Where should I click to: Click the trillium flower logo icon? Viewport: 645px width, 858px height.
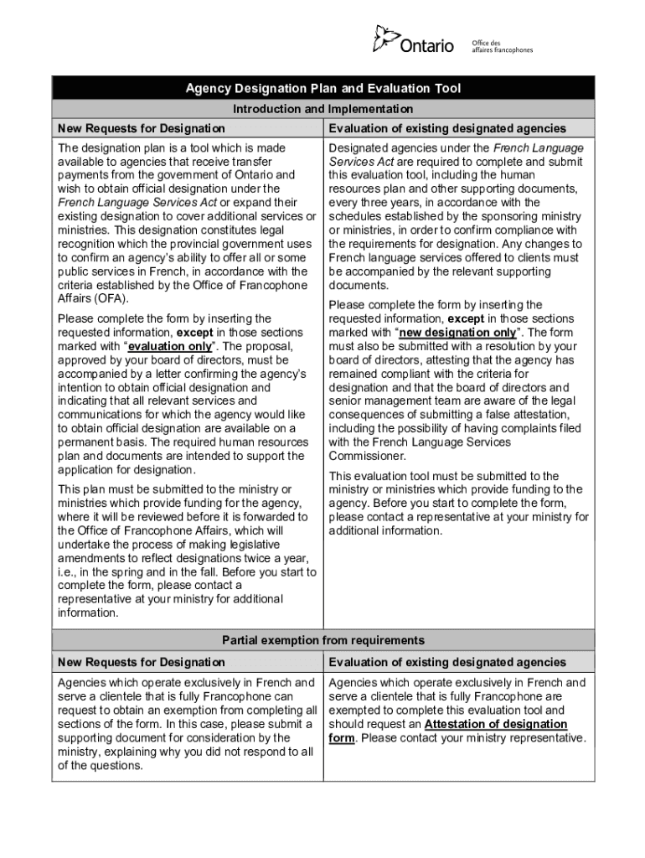[x=386, y=39]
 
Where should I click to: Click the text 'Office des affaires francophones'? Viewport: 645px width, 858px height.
[x=502, y=46]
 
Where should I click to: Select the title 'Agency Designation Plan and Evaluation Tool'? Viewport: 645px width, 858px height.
[x=322, y=89]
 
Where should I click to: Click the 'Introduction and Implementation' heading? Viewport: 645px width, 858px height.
[x=322, y=109]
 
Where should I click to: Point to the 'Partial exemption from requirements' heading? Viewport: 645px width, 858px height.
[x=322, y=641]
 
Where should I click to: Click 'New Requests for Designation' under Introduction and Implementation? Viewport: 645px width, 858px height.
[x=141, y=128]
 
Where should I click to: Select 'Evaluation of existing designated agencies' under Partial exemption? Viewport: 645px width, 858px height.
[x=447, y=663]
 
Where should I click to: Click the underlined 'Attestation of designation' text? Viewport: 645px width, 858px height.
[x=496, y=724]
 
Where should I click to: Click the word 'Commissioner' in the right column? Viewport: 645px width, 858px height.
[x=367, y=457]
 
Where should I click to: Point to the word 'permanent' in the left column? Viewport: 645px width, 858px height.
[x=88, y=442]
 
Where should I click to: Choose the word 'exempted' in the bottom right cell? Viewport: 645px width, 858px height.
[x=356, y=711]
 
